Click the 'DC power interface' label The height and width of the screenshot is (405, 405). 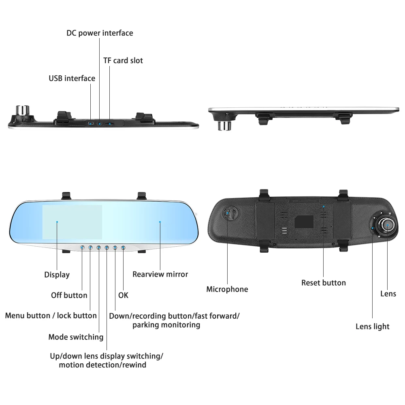point(100,33)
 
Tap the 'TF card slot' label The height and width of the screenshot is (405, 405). point(123,61)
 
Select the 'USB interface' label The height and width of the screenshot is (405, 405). point(72,78)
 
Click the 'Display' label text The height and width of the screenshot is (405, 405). point(57,275)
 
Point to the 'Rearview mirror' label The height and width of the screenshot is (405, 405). point(160,274)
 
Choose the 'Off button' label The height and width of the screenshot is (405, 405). point(69,295)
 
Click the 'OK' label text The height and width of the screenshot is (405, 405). point(123,295)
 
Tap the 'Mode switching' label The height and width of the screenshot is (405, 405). point(76,337)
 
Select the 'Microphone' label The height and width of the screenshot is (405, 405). point(227,289)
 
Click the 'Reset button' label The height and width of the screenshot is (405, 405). point(324,283)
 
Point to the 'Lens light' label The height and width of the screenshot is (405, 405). point(373,326)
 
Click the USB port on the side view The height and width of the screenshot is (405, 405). point(90,122)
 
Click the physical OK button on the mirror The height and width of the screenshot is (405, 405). point(123,247)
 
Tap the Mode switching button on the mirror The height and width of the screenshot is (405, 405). point(98,247)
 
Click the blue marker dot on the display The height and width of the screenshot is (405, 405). point(57,222)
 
